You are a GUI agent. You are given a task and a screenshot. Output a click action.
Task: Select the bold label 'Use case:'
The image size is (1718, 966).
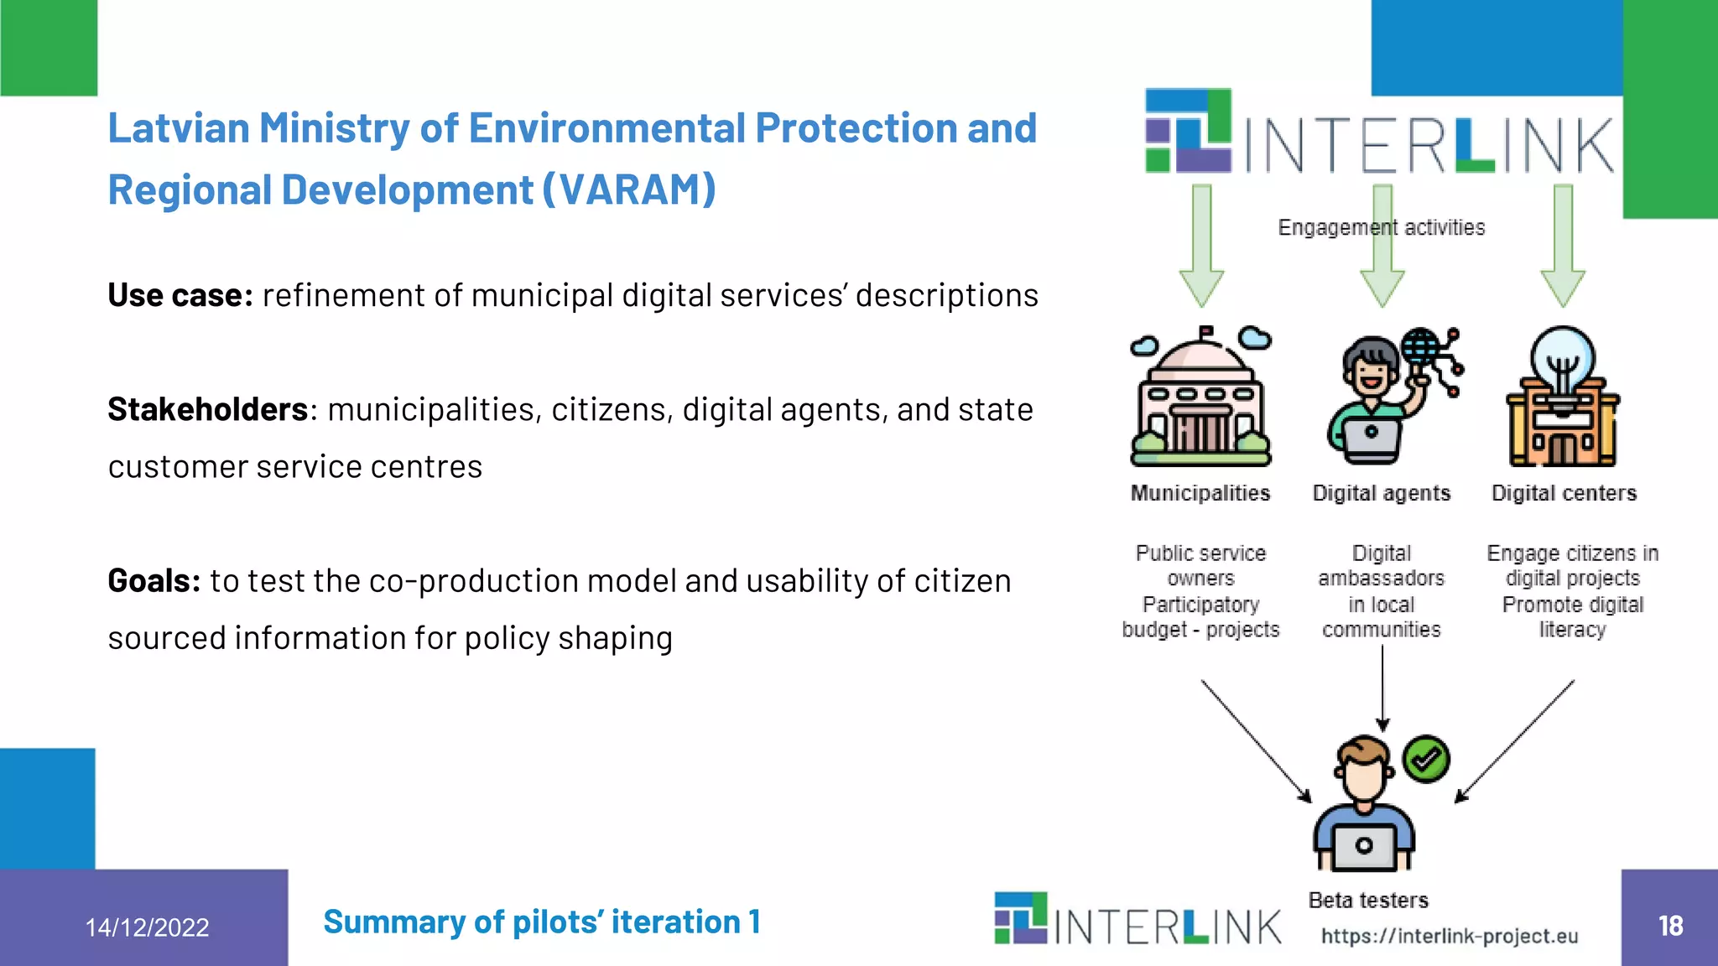pyautogui.click(x=180, y=295)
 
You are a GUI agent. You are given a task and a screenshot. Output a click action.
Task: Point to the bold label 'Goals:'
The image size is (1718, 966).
pyautogui.click(x=154, y=580)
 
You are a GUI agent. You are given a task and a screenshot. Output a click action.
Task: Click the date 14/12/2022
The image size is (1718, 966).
pyautogui.click(x=147, y=927)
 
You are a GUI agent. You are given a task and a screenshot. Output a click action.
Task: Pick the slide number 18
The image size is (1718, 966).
pyautogui.click(x=1670, y=925)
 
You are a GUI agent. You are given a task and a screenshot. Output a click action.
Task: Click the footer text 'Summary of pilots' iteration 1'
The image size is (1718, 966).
pyautogui.click(x=542, y=922)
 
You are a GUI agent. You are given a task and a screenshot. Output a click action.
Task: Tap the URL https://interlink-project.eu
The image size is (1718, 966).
pyautogui.click(x=1450, y=936)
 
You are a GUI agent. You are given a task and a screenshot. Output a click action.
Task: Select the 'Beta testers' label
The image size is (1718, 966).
pyautogui.click(x=1368, y=900)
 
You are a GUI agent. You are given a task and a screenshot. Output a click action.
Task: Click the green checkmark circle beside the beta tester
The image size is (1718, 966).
pyautogui.click(x=1426, y=760)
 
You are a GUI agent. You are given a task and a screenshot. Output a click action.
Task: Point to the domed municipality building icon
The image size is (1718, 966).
pyautogui.click(x=1200, y=398)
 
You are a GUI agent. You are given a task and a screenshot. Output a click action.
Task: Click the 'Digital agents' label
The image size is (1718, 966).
pyautogui.click(x=1381, y=493)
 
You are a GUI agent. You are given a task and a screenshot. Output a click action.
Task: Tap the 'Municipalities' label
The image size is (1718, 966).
pyautogui.click(x=1200, y=493)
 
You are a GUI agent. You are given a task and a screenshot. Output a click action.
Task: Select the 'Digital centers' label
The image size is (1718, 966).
pyautogui.click(x=1564, y=493)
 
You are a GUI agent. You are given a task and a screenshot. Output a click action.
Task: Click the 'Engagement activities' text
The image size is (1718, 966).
pyautogui.click(x=1381, y=227)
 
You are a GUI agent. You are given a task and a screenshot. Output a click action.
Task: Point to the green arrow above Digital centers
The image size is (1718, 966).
pyautogui.click(x=1563, y=247)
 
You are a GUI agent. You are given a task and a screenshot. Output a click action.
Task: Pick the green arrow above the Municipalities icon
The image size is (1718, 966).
pyautogui.click(x=1201, y=247)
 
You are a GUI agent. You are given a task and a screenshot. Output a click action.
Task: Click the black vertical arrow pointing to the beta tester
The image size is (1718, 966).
pyautogui.click(x=1382, y=688)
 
